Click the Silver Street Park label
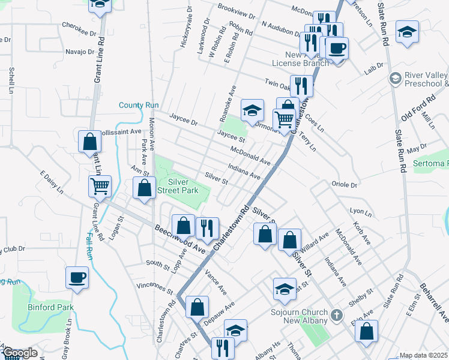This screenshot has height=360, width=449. [182, 186]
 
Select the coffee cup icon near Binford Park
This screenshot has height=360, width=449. [77, 278]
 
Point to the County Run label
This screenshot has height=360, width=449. [139, 105]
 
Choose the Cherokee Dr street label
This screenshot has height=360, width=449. [79, 25]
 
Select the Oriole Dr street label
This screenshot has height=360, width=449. [345, 185]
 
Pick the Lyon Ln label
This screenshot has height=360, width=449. [361, 211]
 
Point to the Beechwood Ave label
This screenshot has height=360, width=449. [180, 238]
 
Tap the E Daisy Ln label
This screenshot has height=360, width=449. [52, 182]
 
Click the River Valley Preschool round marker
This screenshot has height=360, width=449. [395, 78]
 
